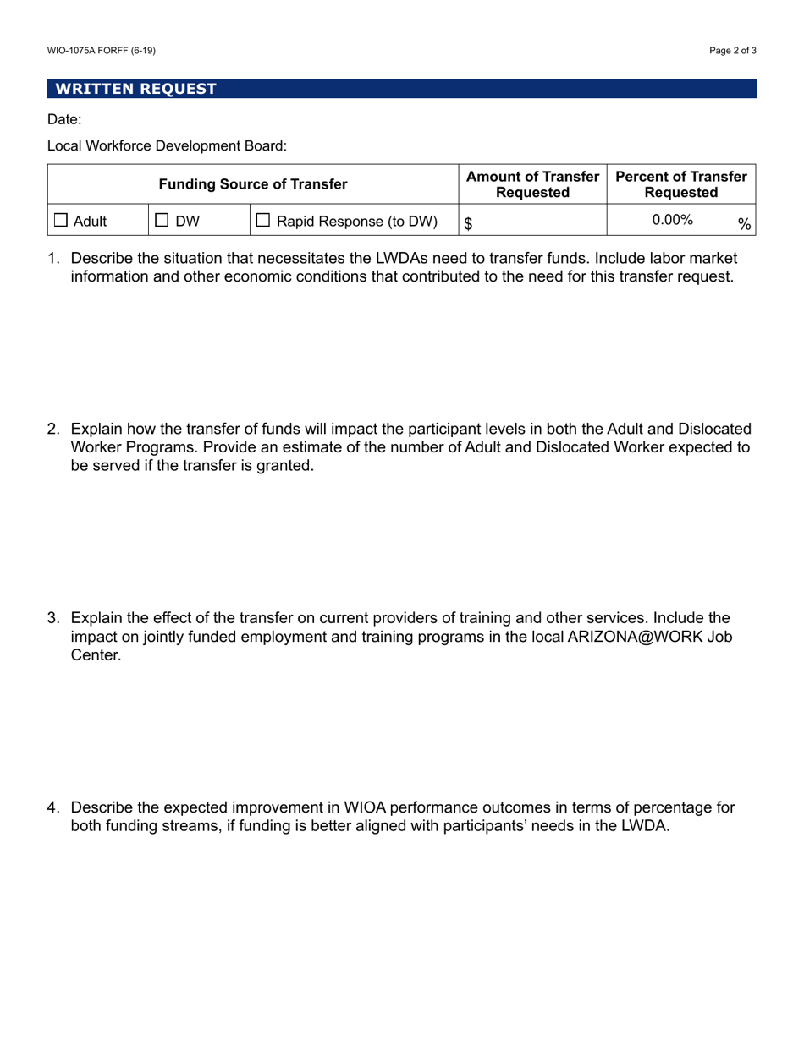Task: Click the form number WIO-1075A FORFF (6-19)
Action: point(102,51)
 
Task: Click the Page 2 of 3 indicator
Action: point(733,51)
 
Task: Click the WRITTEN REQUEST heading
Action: point(135,89)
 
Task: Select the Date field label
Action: point(64,120)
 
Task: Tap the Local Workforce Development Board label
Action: point(167,146)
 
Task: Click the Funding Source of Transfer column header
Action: point(254,184)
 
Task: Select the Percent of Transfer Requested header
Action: point(681,184)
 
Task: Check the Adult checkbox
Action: point(62,222)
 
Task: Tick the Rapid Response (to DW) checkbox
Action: point(263,222)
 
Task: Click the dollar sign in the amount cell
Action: point(467,223)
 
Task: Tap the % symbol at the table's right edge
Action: point(744,224)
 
